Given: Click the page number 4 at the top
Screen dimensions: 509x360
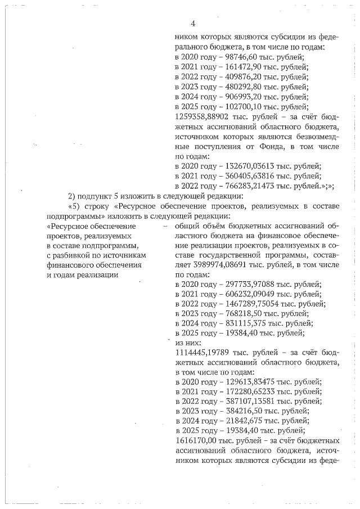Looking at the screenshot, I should click(x=192, y=24).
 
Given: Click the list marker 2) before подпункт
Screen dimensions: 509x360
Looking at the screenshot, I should click(x=71, y=196).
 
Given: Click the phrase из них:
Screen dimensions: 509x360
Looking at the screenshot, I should click(x=188, y=343).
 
